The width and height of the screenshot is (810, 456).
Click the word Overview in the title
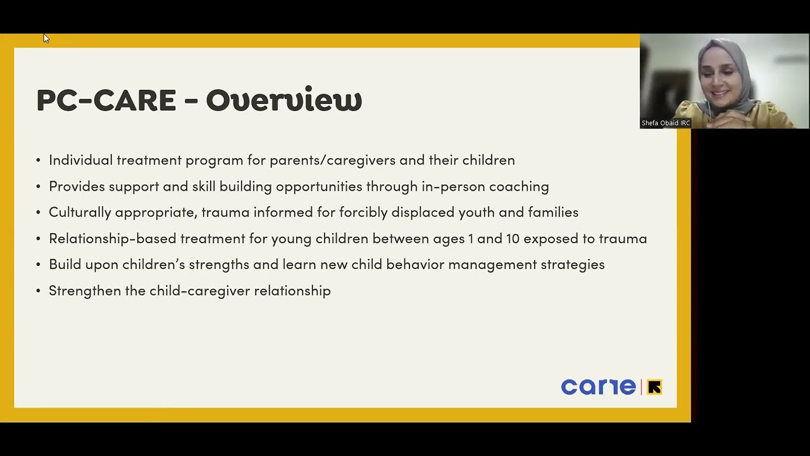click(x=283, y=100)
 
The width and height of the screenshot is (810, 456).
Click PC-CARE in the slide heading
click(x=106, y=100)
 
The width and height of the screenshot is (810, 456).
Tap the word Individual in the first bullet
click(x=80, y=160)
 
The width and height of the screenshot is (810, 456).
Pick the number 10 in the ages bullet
click(x=513, y=238)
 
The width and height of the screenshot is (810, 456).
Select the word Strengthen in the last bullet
click(x=85, y=291)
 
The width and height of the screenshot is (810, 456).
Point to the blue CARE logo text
click(x=598, y=387)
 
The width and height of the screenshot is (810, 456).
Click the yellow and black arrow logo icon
click(x=654, y=387)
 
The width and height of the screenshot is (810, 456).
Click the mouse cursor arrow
click(x=46, y=39)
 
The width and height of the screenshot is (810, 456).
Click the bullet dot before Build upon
click(x=39, y=265)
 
